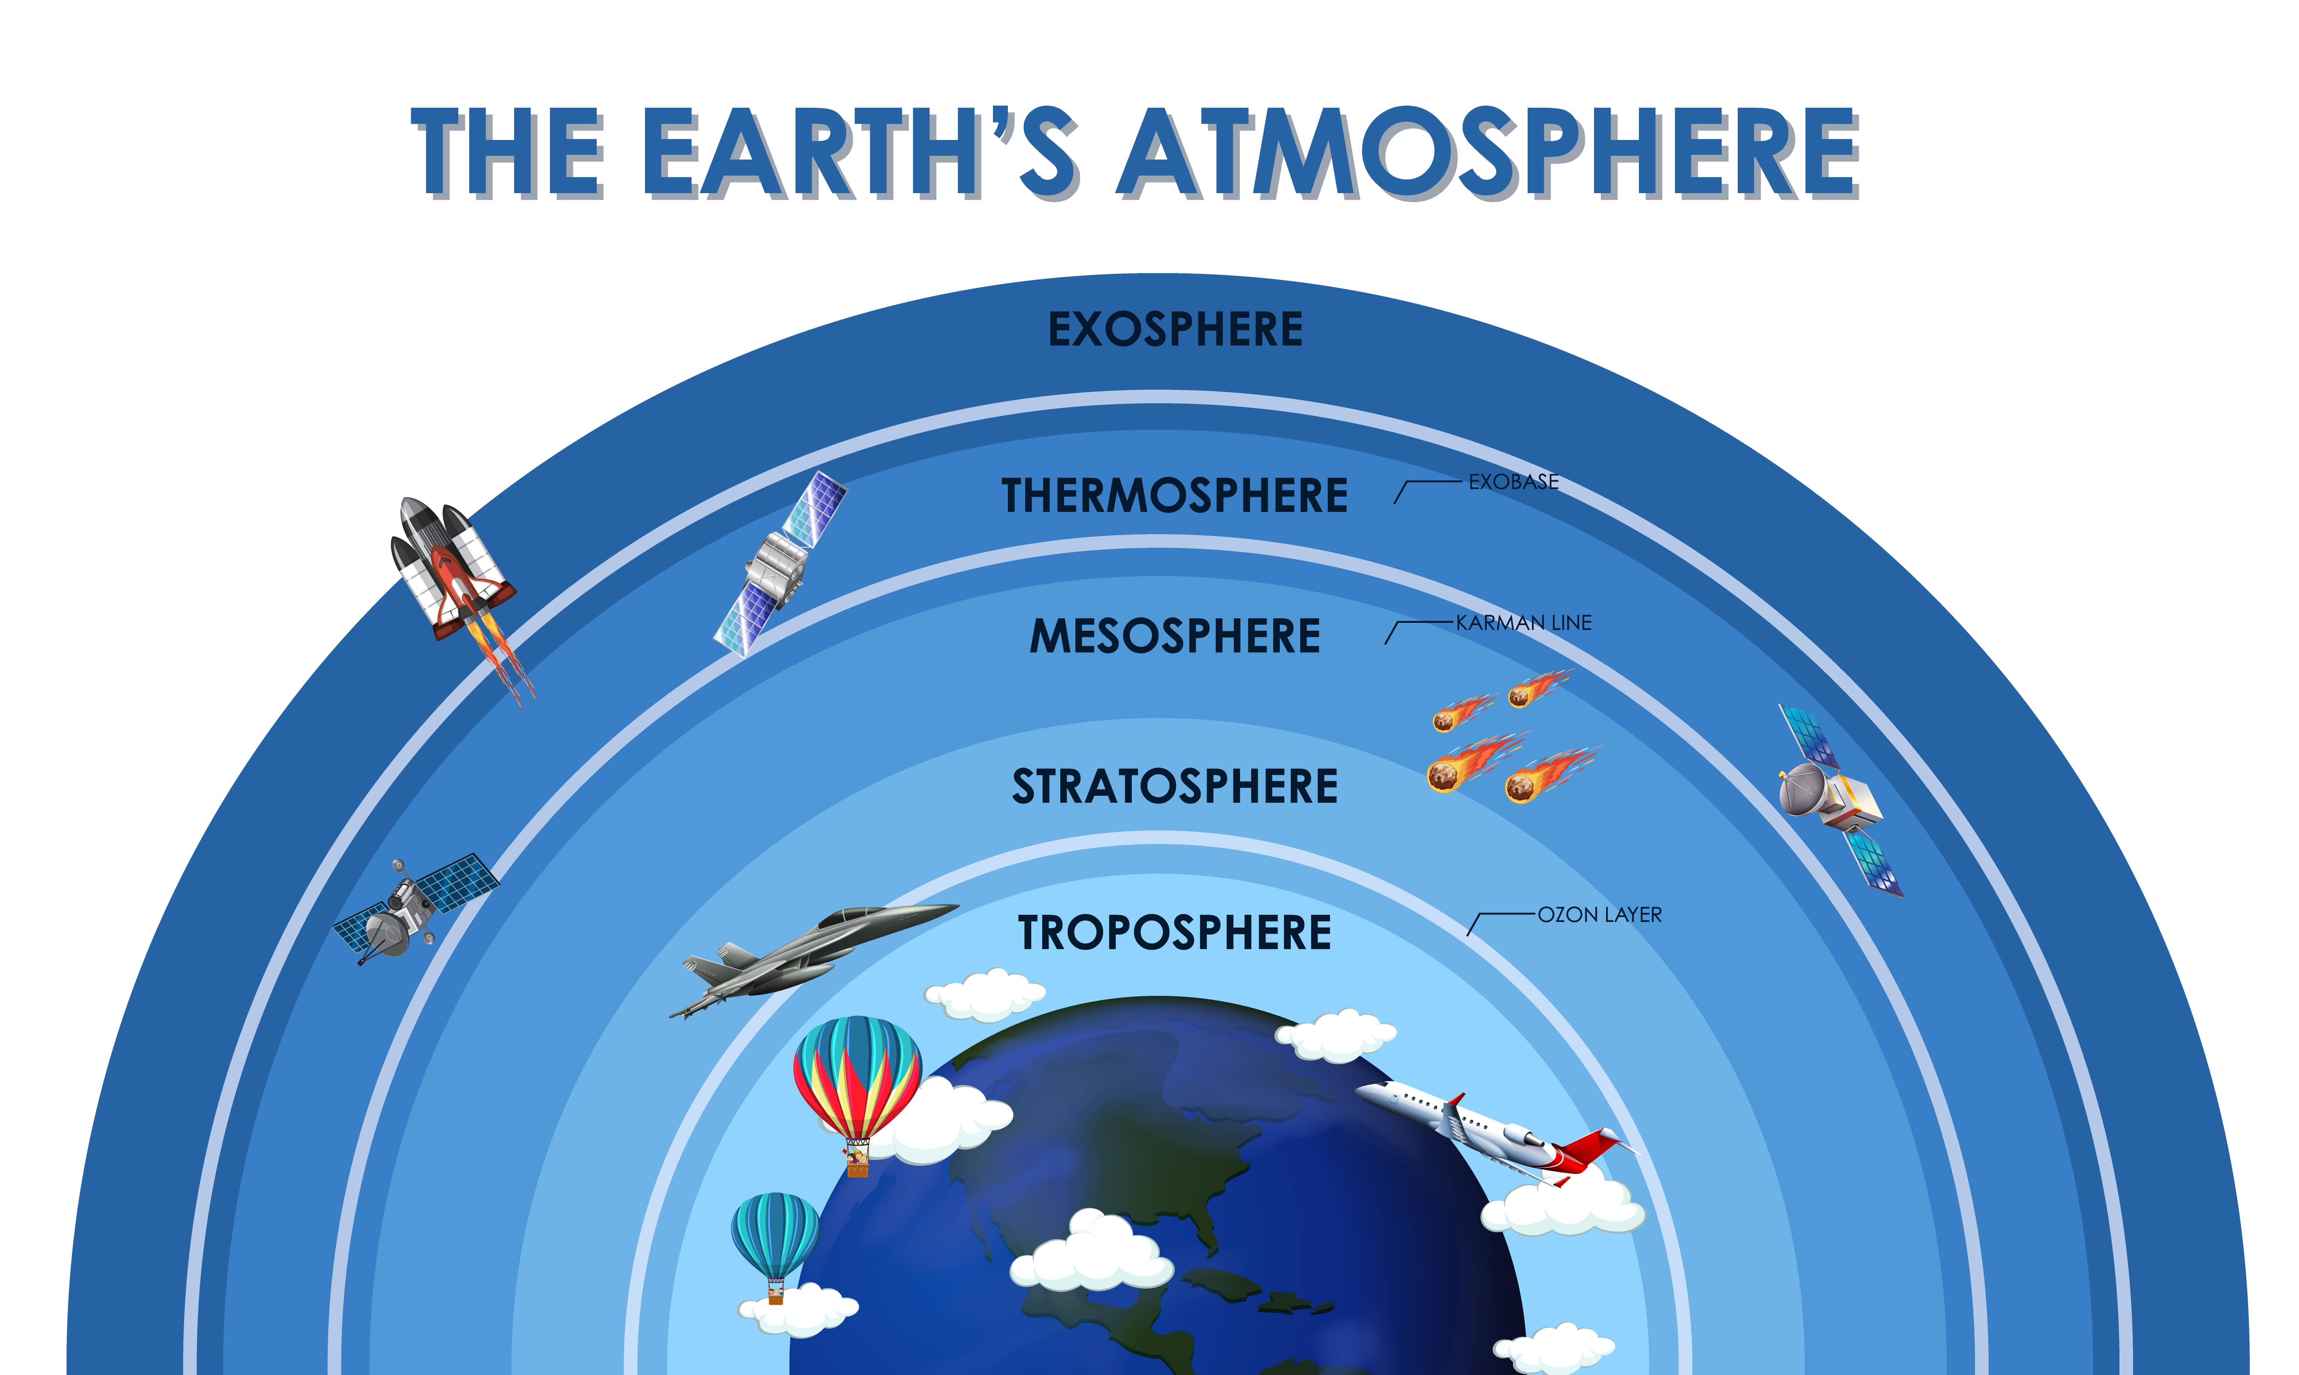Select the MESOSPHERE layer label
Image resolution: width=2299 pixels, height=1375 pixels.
1175,636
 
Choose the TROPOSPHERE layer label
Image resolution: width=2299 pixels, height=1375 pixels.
1175,932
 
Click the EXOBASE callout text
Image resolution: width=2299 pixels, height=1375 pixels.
1514,482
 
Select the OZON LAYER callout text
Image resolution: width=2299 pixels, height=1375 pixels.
1600,914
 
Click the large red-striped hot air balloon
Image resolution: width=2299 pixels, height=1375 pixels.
857,1079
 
